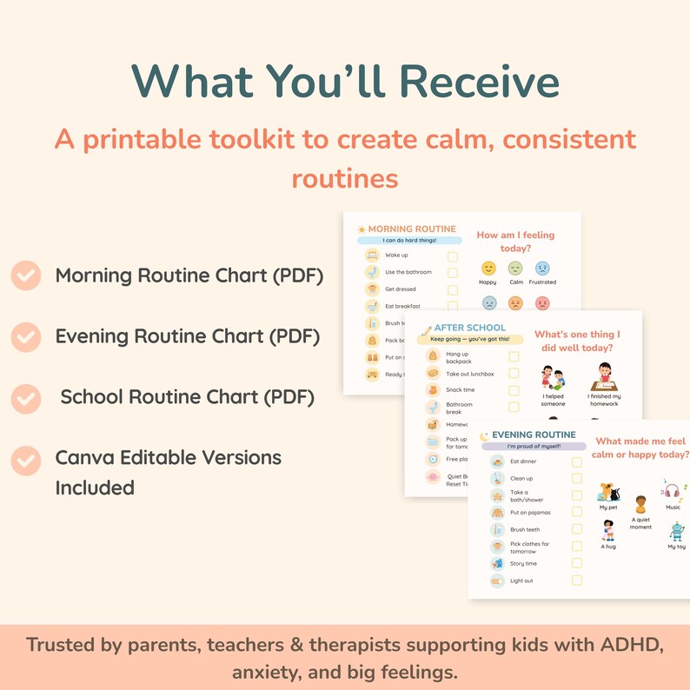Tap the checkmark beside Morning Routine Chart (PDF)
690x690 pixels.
point(26,276)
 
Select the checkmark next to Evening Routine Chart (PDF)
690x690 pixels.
point(26,336)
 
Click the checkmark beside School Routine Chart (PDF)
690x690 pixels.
point(26,398)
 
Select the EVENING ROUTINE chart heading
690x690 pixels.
point(533,435)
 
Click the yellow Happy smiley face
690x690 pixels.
point(488,269)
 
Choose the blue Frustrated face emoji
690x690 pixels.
point(542,269)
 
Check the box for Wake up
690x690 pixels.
point(453,256)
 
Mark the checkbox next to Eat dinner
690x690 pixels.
point(577,462)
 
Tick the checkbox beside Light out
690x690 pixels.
point(577,581)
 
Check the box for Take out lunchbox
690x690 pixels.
point(514,374)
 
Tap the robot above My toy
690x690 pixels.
point(676,531)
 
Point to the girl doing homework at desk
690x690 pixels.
point(602,379)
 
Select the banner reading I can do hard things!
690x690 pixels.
point(408,241)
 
